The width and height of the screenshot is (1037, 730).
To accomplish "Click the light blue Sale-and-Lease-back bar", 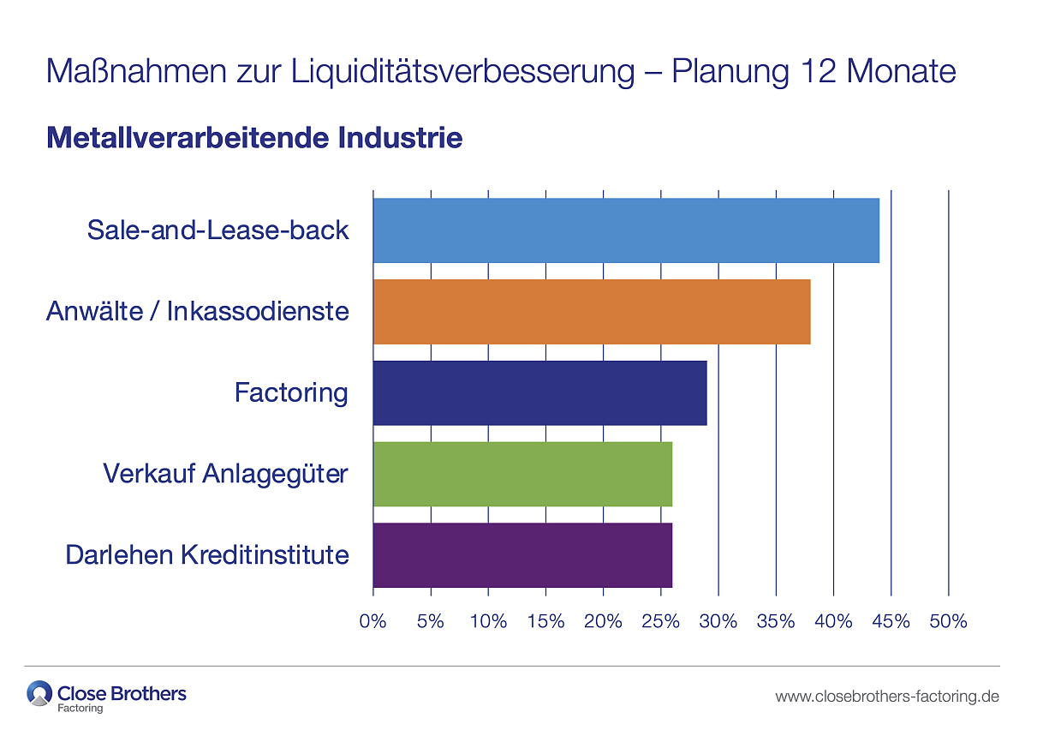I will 626,230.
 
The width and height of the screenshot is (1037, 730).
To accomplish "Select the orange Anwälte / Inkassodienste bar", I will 592,312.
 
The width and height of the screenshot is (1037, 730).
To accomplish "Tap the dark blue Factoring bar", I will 539,393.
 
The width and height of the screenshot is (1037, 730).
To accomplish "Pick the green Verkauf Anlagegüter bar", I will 522,474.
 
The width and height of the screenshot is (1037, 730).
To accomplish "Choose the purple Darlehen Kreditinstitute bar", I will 522,555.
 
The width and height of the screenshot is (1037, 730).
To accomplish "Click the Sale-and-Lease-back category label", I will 218,230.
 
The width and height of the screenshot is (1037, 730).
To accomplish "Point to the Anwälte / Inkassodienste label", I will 198,310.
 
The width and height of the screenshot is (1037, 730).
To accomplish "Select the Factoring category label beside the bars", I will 291,392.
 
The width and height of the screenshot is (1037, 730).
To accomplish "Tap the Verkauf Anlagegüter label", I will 225,473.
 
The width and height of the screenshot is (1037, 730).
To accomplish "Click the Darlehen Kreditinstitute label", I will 207,554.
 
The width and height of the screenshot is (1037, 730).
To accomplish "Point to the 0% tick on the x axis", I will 373,621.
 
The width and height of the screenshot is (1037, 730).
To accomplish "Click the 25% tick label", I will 660,621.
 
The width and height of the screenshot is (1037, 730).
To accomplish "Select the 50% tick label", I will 948,621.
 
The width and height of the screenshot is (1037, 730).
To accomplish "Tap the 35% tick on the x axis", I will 776,621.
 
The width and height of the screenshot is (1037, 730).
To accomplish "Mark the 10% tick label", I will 488,621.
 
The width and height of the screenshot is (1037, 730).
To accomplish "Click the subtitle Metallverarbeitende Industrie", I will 254,137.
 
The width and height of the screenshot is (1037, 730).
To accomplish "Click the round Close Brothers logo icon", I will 39,693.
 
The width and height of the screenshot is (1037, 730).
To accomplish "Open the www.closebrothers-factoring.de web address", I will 887,697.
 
